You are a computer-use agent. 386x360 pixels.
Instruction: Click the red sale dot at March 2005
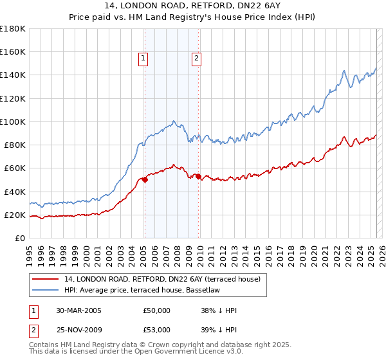(145, 180)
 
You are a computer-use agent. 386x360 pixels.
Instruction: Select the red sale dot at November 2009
(198, 176)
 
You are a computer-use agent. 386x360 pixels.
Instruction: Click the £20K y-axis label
(15, 215)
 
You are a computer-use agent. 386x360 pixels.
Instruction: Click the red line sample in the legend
(45, 279)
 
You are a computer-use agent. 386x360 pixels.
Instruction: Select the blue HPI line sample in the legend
(45, 290)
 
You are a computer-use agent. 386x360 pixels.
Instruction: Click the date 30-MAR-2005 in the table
(78, 310)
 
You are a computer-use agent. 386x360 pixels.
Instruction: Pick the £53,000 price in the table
(156, 330)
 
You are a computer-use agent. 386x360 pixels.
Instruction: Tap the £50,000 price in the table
(156, 310)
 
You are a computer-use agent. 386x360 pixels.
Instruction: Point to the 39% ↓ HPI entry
(219, 330)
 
